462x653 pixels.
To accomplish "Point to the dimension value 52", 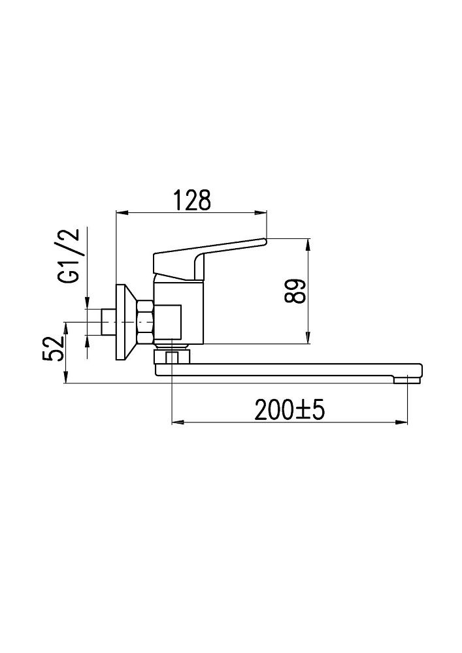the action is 54,349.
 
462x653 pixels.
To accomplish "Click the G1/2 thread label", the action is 69,257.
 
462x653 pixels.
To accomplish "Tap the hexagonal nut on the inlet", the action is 145,323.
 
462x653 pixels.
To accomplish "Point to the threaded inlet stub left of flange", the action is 108,322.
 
